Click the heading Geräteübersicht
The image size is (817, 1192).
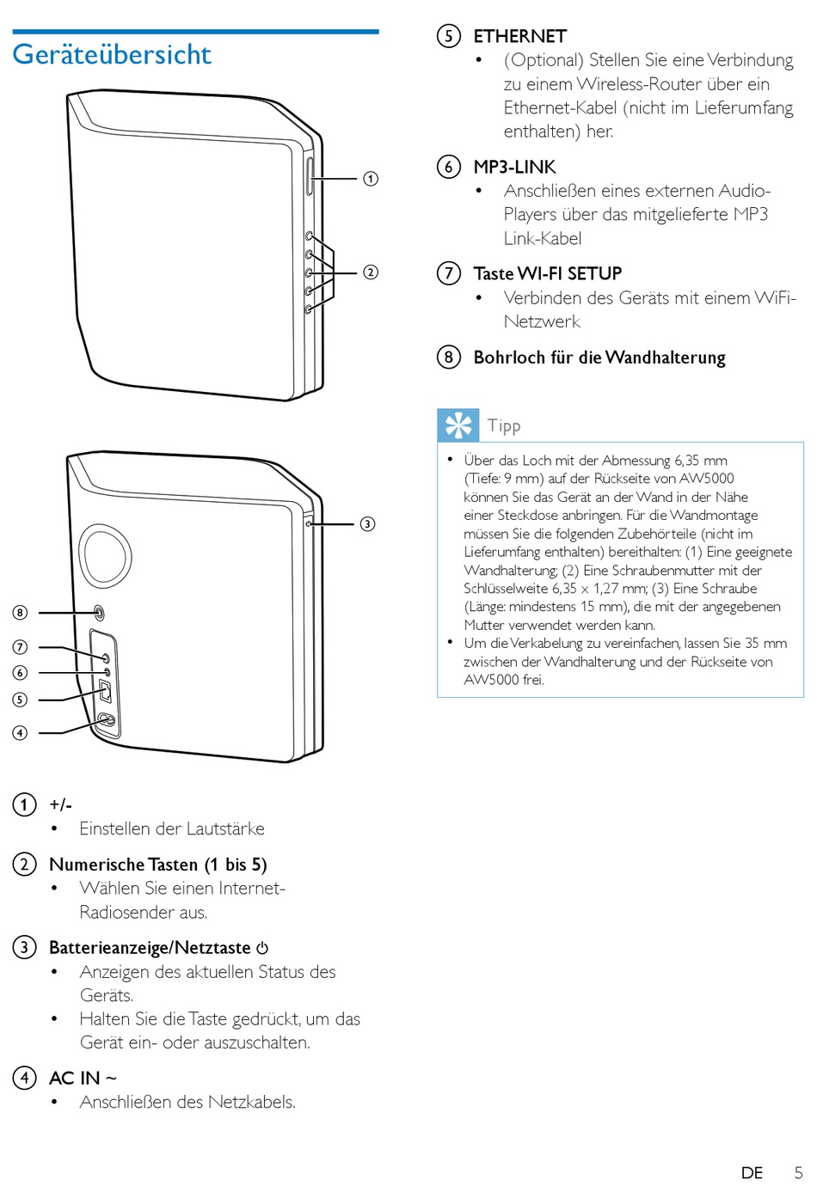112,54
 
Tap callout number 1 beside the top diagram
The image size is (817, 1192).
371,179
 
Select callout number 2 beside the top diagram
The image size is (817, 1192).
371,272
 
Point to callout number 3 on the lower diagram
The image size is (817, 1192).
367,523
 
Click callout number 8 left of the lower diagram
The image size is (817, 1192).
20,613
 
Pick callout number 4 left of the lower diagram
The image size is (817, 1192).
20,733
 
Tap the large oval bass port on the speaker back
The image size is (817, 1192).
105,555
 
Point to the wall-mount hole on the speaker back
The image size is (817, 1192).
98,613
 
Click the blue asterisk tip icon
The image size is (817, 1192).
458,425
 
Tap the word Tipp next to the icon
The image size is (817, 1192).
504,425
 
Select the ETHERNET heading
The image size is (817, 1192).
519,36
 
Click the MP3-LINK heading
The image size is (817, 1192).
514,167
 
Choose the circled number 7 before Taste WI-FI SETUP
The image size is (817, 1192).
448,273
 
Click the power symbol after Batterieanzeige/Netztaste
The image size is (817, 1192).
262,948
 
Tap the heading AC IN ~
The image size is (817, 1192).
83,1078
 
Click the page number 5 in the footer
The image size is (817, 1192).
798,1173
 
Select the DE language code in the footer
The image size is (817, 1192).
752,1173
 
